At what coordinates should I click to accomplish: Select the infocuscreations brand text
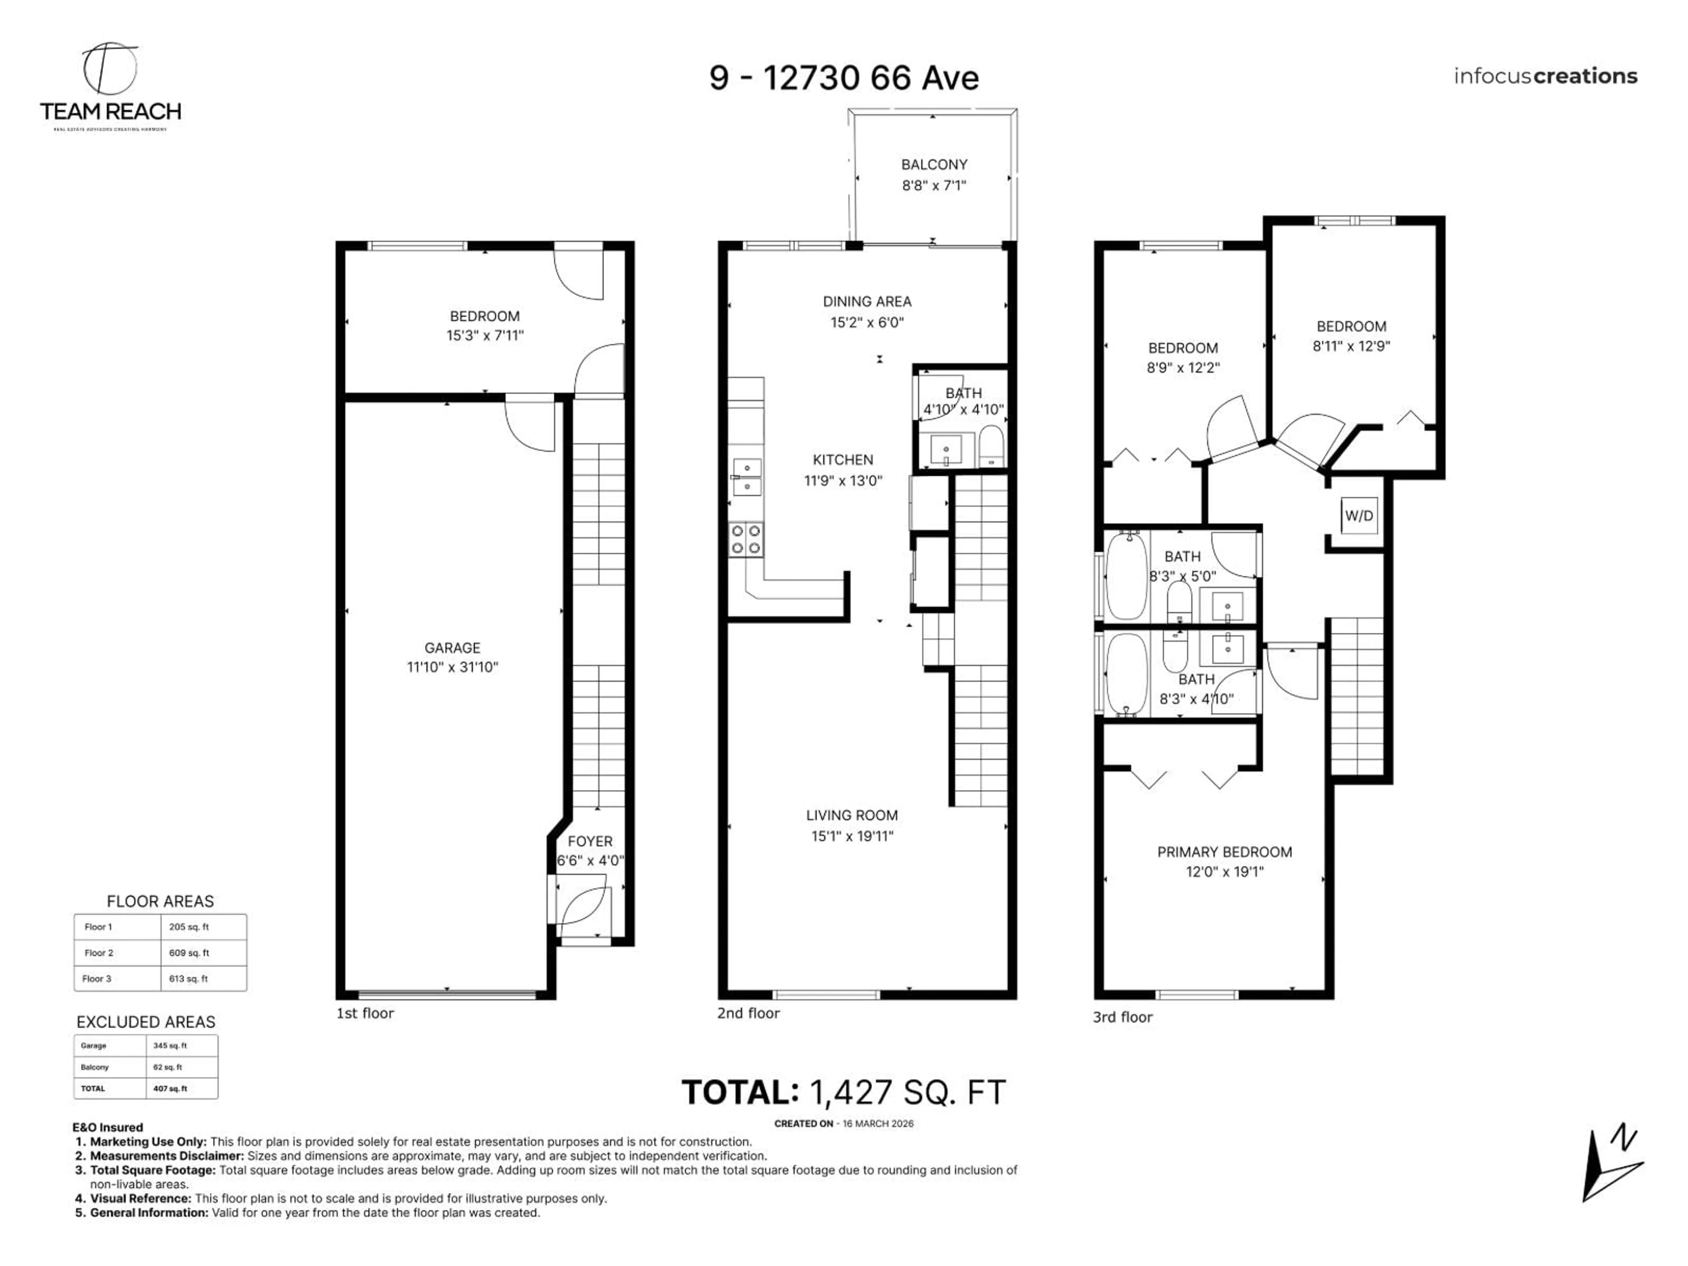(x=1545, y=76)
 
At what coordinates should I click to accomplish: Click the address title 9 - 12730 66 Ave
(x=844, y=78)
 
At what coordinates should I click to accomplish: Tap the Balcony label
(x=934, y=165)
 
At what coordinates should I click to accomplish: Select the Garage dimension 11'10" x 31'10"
(x=452, y=667)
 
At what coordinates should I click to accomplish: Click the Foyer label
(x=590, y=841)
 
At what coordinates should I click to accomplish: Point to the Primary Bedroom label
(x=1224, y=851)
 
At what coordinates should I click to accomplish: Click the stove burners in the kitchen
(x=746, y=539)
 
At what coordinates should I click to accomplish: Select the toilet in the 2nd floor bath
(x=991, y=447)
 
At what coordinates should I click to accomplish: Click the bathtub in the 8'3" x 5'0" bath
(x=1126, y=576)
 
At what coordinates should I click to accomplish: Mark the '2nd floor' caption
(x=748, y=1013)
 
